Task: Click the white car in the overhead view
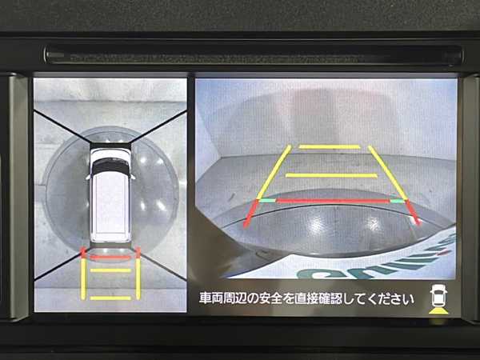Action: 110,195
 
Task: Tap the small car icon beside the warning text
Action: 438,295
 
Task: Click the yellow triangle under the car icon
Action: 438,310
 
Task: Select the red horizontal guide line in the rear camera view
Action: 333,201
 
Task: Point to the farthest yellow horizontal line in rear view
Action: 330,147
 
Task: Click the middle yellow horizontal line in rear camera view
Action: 331,175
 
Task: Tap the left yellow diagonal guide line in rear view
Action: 274,172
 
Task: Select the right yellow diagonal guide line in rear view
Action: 388,173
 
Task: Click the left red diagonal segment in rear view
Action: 251,214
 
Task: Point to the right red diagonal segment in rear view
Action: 414,213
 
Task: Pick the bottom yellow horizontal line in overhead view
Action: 110,298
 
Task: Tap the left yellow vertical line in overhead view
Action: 83,278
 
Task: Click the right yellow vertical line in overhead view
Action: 138,278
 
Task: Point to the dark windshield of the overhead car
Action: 111,167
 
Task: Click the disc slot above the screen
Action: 254,55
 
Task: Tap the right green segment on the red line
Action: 397,201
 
